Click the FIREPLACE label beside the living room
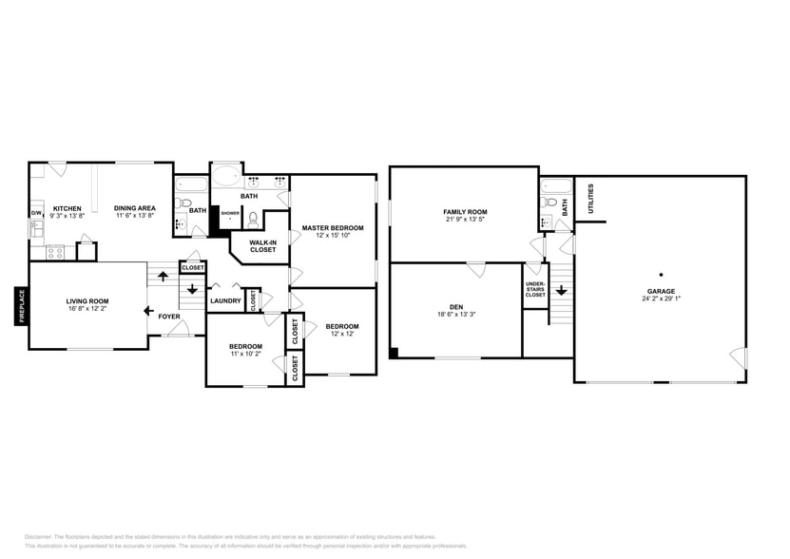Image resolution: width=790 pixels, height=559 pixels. coord(19,306)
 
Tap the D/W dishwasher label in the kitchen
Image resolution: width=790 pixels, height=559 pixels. coord(37,213)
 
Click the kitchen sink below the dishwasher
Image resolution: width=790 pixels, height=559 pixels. coord(37,230)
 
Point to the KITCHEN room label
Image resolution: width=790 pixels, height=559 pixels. coord(67,208)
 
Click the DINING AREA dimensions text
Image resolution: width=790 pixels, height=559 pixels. coord(135,216)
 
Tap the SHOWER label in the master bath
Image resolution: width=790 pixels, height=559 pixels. coord(230,213)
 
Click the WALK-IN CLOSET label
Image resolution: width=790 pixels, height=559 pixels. coord(262,246)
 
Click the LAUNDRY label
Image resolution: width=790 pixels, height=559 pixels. coord(225,301)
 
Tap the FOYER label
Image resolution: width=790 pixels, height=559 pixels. coord(169,317)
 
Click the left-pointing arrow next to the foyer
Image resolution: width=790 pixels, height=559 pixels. coord(148,310)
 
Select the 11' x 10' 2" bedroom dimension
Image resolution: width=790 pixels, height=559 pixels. coord(244,354)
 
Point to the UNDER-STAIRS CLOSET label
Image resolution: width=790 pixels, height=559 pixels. coord(535,288)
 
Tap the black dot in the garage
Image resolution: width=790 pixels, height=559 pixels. coord(661,275)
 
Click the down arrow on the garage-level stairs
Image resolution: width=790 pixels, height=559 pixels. coord(561,290)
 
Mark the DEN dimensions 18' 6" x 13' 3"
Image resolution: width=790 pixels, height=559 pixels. coord(456,314)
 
